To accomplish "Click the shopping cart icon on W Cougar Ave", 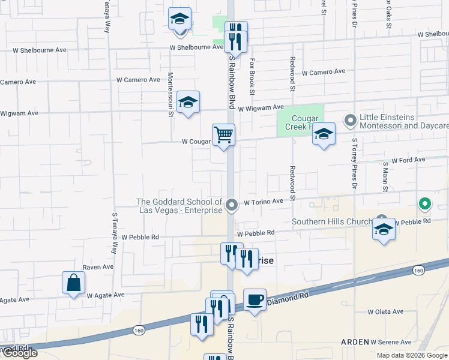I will pyautogui.click(x=223, y=135).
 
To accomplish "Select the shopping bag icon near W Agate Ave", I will pyautogui.click(x=73, y=283).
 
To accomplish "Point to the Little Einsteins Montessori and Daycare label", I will pyautogui.click(x=403, y=122).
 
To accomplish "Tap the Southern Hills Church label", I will pyautogui.click(x=332, y=222).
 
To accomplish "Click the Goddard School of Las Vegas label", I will pyautogui.click(x=179, y=206).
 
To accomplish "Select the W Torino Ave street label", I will pyautogui.click(x=263, y=202).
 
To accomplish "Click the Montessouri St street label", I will pyautogui.click(x=170, y=94).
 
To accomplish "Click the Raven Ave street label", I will pyautogui.click(x=98, y=267).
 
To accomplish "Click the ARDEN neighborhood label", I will pyautogui.click(x=355, y=341).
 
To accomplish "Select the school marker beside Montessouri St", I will pyautogui.click(x=188, y=103).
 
